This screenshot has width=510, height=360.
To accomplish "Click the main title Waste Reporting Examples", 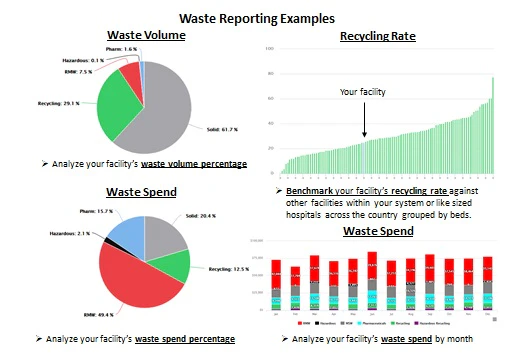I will pyautogui.click(x=254, y=17).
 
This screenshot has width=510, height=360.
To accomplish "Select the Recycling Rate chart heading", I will pyautogui.click(x=377, y=37).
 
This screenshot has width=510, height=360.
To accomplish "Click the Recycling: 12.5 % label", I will pyautogui.click(x=231, y=270).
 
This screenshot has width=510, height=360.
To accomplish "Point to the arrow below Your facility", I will pyautogui.click(x=364, y=119).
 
